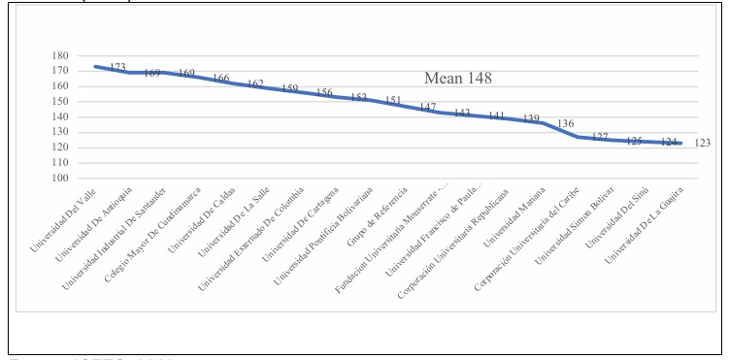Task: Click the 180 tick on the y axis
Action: point(63,55)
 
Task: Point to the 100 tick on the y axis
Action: point(63,179)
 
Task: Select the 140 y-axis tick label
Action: point(63,116)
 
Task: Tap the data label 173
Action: point(117,67)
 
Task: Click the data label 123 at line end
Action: point(703,144)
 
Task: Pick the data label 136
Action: point(565,123)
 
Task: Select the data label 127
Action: point(600,137)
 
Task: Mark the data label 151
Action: point(392,100)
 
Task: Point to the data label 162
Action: point(255,84)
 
